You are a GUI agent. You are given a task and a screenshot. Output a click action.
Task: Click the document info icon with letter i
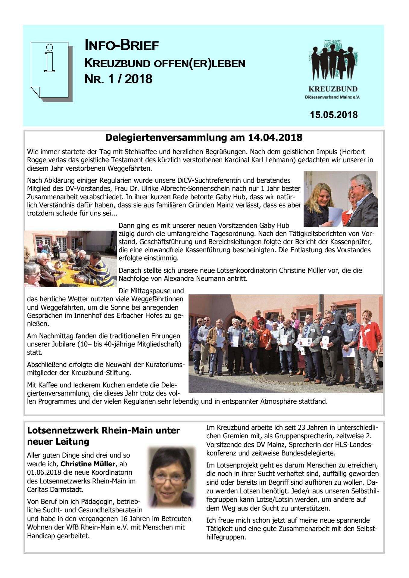(51, 71)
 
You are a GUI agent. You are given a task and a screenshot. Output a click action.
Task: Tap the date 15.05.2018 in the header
(334, 115)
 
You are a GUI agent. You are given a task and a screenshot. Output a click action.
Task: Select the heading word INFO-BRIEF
(122, 45)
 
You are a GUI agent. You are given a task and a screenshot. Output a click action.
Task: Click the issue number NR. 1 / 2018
(118, 79)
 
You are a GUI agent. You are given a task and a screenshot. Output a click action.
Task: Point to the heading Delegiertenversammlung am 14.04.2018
(204, 138)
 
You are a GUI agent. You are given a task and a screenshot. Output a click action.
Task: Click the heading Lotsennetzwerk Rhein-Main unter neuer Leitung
(103, 436)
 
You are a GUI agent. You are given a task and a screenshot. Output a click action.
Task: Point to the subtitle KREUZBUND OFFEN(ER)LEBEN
(165, 64)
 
